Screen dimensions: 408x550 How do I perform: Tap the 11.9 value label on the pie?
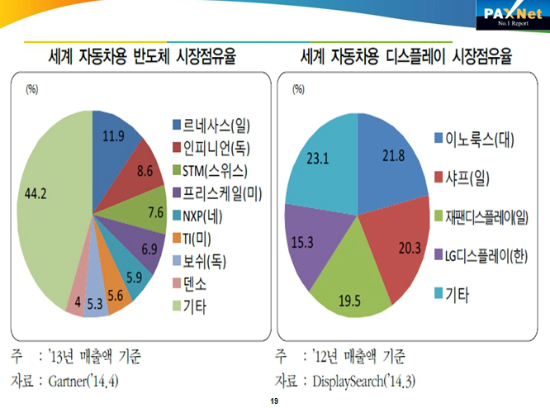click(x=107, y=136)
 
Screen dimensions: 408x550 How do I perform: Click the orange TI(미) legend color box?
click(x=177, y=240)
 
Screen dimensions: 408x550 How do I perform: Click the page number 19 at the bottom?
click(x=274, y=400)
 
